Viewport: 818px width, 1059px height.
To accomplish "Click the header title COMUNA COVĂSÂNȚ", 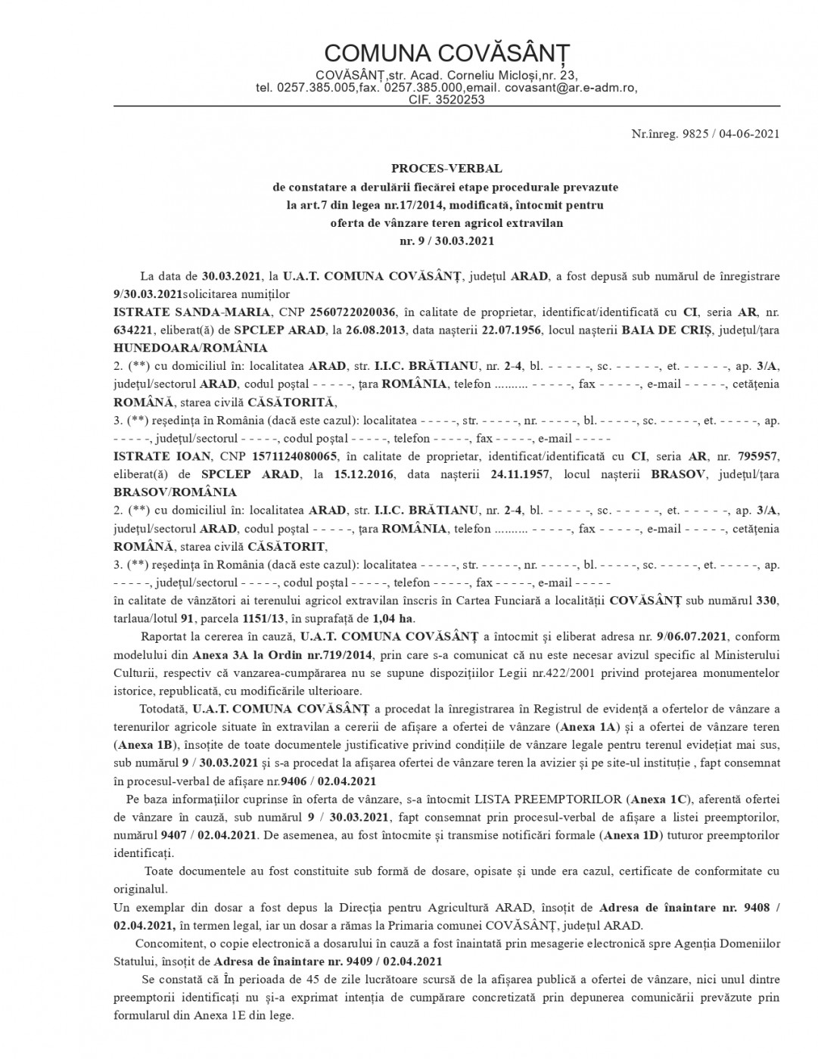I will (446, 53).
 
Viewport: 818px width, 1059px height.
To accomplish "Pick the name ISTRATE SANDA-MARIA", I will (186, 312).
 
